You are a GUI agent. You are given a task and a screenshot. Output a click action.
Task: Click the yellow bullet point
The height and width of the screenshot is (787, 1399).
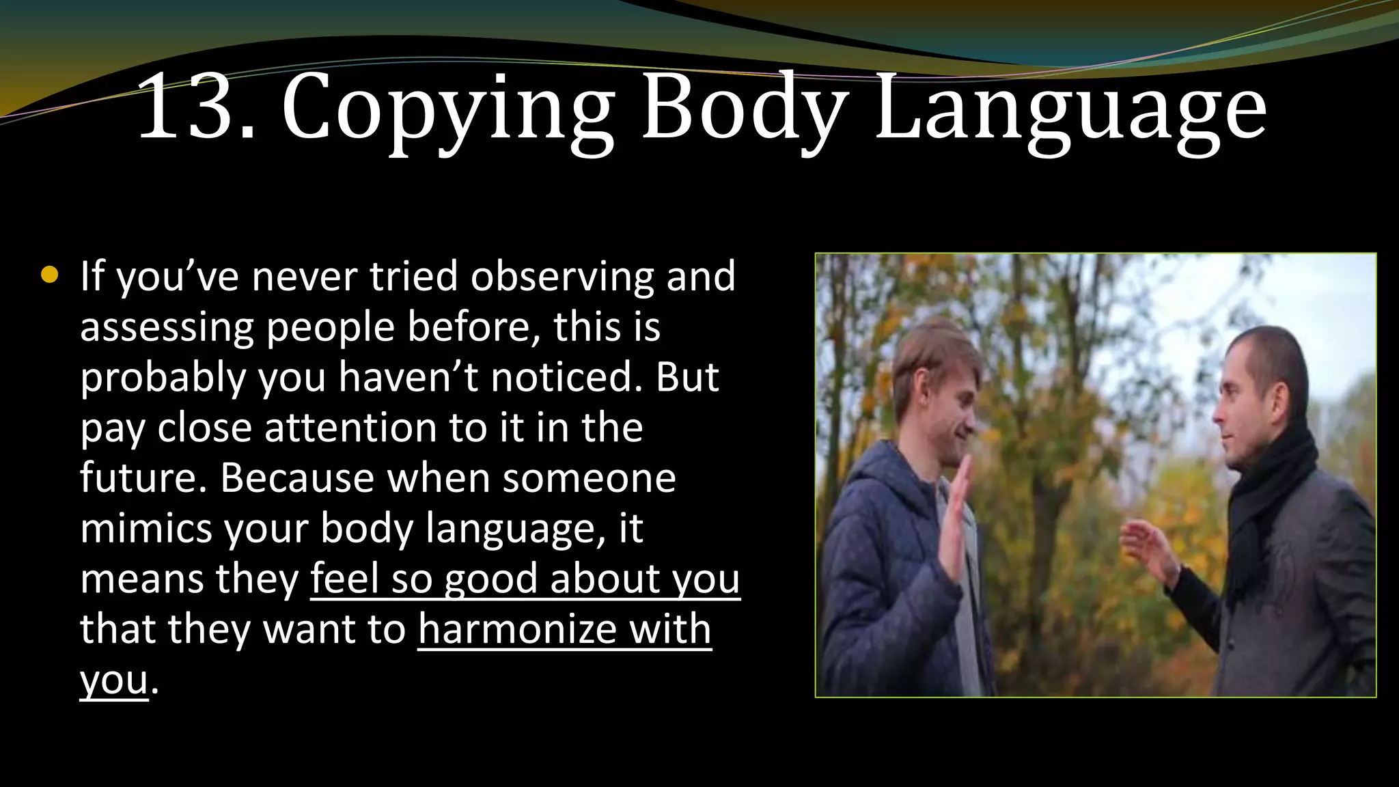pos(49,275)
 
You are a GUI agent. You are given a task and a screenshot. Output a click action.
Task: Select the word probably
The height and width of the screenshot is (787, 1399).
pos(163,378)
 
